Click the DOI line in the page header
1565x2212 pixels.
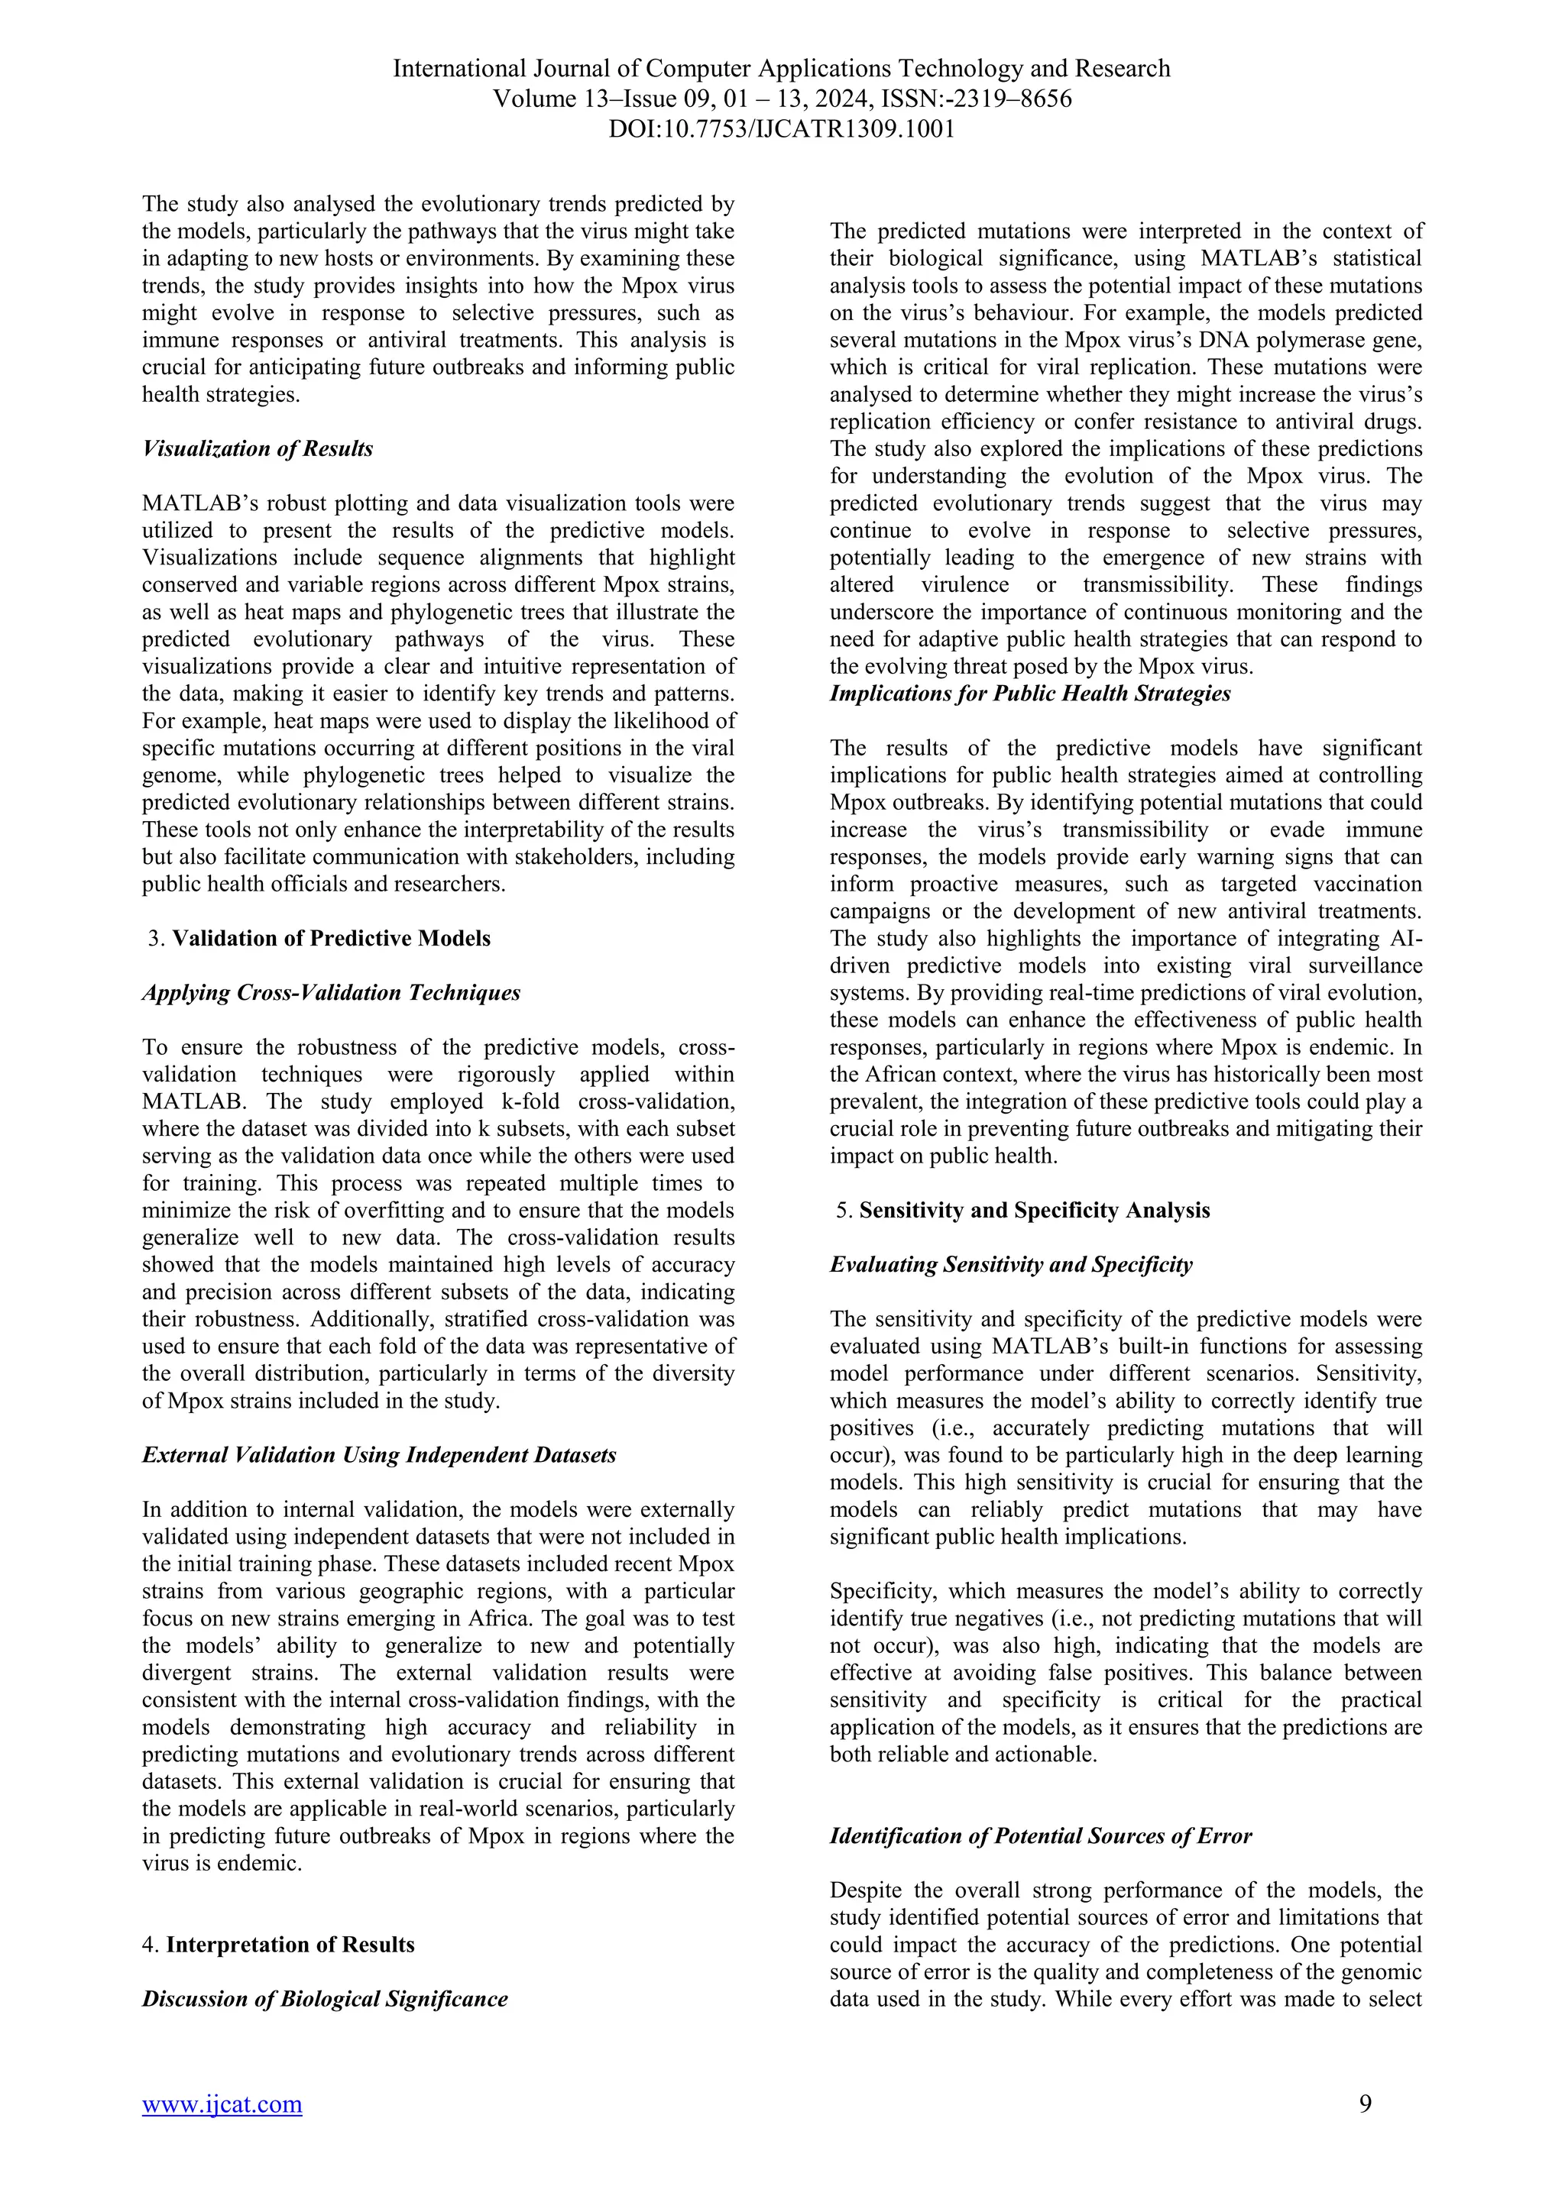tap(782, 129)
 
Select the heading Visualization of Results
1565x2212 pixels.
tap(258, 449)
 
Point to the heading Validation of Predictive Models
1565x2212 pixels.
tap(331, 939)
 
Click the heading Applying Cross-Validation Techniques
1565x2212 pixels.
tap(331, 993)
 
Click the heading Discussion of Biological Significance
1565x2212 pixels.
tap(325, 1999)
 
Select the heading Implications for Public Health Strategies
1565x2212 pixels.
tap(1030, 694)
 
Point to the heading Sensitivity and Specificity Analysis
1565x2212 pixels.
tap(1034, 1211)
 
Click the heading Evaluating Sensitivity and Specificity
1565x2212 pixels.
tap(1011, 1265)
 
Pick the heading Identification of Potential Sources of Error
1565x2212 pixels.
tap(1041, 1836)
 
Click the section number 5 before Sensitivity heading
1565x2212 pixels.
tap(843, 1211)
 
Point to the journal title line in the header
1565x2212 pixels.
tap(782, 70)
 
